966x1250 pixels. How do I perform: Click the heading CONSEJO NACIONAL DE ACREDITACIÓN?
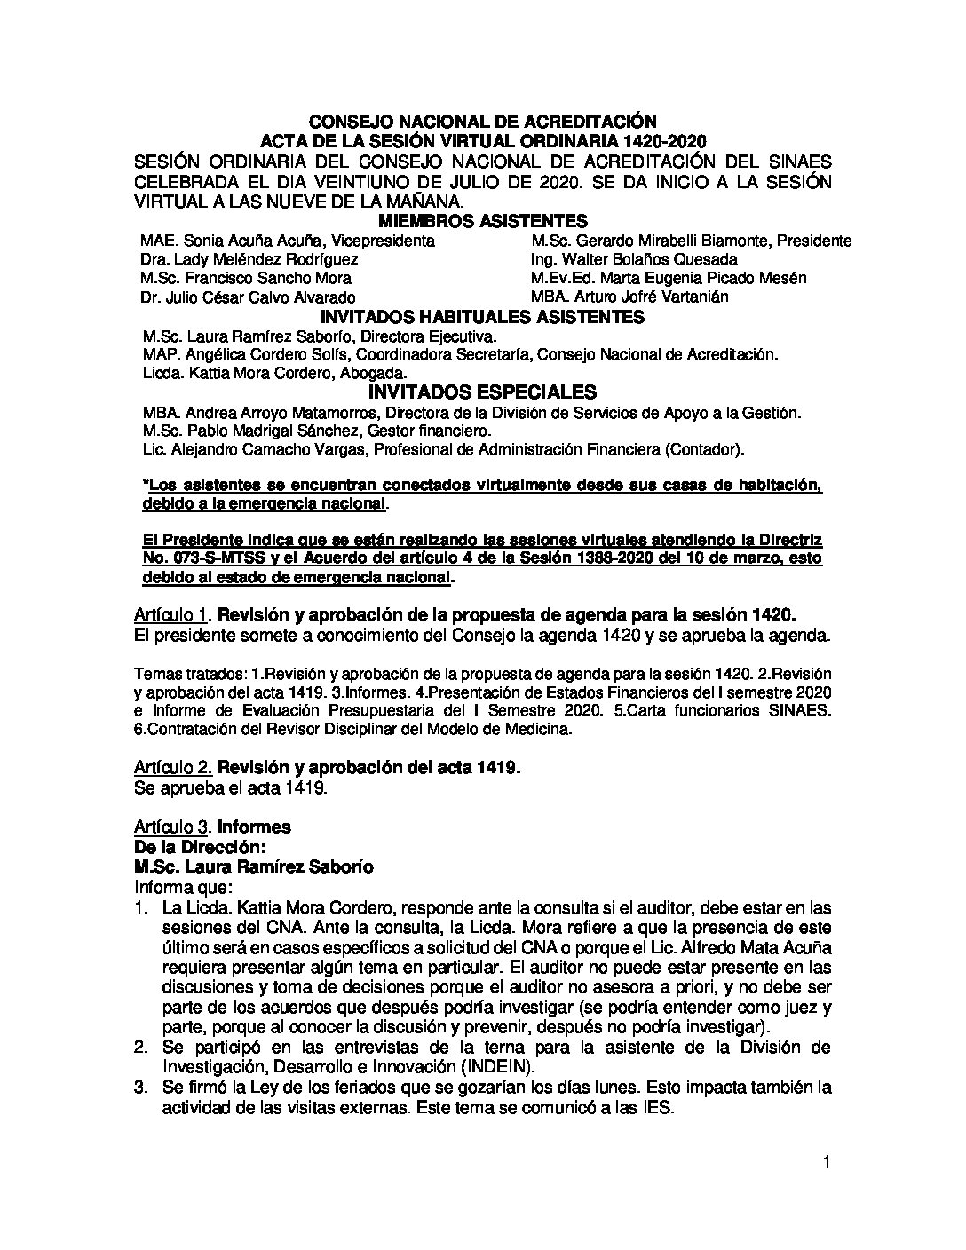pyautogui.click(x=482, y=121)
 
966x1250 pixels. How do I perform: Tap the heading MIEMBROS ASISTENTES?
pyautogui.click(x=482, y=221)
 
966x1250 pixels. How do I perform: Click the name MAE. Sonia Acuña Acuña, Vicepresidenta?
pyautogui.click(x=288, y=241)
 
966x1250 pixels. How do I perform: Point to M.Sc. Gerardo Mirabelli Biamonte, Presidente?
pyautogui.click(x=691, y=241)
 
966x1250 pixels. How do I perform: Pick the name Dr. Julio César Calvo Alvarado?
pyautogui.click(x=248, y=297)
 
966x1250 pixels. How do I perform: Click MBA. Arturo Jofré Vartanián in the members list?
pyautogui.click(x=629, y=297)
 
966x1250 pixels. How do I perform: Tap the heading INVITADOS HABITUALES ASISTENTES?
pyautogui.click(x=482, y=317)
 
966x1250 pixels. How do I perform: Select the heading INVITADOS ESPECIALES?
pyautogui.click(x=482, y=392)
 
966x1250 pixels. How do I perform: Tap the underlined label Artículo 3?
pyautogui.click(x=172, y=827)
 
